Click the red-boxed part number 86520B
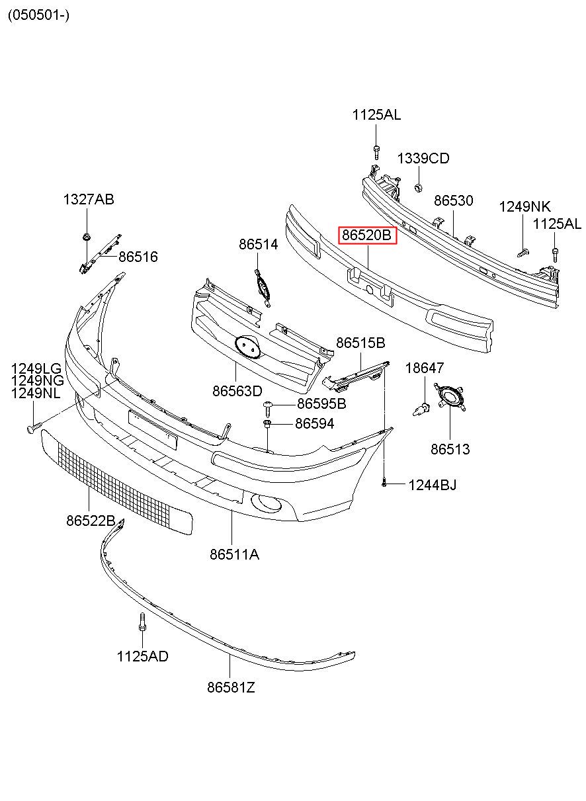tap(367, 235)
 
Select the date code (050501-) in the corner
tap(38, 15)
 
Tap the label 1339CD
tap(423, 158)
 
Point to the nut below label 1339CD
tap(417, 187)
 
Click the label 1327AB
tap(89, 199)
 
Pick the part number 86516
tap(138, 257)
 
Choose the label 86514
tap(258, 244)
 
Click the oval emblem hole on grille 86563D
tap(247, 347)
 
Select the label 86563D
tap(237, 391)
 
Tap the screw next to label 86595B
tap(268, 407)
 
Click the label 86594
tap(314, 424)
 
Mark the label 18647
tap(425, 368)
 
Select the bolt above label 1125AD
tap(142, 622)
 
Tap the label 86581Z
tap(231, 687)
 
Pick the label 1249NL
tap(36, 394)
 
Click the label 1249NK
tap(524, 206)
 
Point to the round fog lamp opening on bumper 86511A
tap(266, 503)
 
